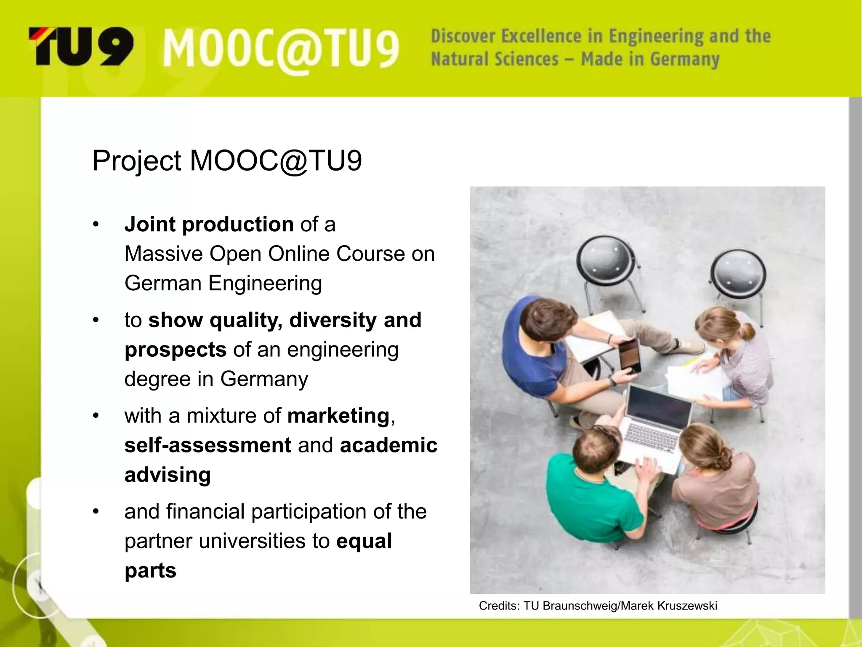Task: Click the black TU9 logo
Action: tap(81, 46)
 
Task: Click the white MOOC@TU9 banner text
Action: tap(281, 50)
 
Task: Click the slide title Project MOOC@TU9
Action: tap(227, 161)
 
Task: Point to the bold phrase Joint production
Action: tap(209, 224)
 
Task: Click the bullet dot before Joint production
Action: tap(96, 225)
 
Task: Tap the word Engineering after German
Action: tap(265, 283)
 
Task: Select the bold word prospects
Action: tap(176, 350)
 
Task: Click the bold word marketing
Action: tap(338, 416)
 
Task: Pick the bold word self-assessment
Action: tap(208, 445)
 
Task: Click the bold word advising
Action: tap(168, 475)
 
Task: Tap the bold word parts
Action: tap(150, 571)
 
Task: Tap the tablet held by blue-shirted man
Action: tap(629, 356)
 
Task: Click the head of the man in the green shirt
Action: tap(596, 449)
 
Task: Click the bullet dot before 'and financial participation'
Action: tap(96, 512)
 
